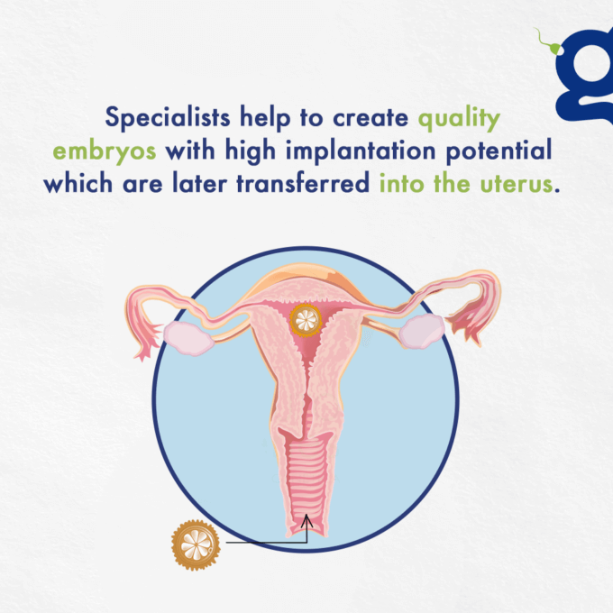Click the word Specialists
tap(168, 117)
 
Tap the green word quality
tap(459, 119)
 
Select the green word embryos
tap(105, 151)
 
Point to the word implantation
tap(361, 151)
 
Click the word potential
tap(499, 150)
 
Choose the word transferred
tap(303, 183)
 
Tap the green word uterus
tap(517, 184)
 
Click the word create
tap(371, 118)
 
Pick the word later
tap(199, 183)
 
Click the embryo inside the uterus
tap(306, 320)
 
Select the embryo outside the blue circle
tap(196, 544)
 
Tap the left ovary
tap(188, 339)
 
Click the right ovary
tap(422, 332)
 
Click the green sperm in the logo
tap(551, 45)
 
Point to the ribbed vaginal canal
tap(306, 480)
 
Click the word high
tap(251, 151)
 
